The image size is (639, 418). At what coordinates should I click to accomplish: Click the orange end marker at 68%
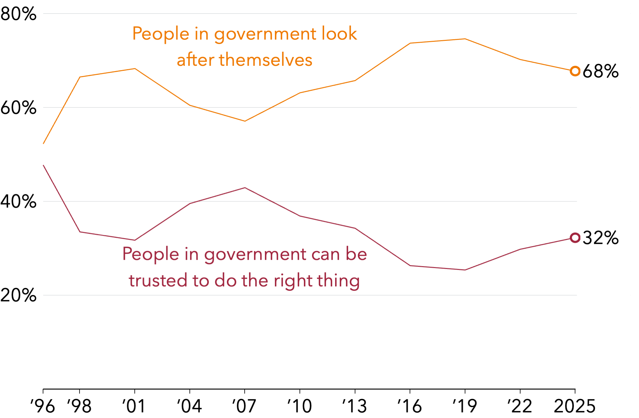575,71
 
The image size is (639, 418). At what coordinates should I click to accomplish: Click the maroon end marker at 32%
575,238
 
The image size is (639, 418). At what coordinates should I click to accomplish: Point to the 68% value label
601,71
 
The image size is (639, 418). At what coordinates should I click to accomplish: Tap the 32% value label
601,238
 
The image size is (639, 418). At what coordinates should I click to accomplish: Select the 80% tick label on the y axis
18,14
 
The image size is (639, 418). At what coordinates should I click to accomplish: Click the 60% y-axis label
18,108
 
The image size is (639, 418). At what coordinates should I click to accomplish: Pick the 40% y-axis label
18,202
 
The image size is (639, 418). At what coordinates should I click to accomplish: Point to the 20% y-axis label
18,295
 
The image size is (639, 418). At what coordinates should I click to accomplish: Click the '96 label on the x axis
43,406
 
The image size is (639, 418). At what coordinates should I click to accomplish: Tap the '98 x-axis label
79,406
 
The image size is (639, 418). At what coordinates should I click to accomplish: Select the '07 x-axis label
244,406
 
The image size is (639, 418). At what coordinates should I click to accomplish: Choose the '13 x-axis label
355,406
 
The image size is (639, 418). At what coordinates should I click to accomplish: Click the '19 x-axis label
465,406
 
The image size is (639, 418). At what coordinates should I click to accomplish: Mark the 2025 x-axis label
574,406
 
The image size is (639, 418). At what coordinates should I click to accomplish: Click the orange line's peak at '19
465,39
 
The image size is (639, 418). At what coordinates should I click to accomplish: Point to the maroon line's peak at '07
245,188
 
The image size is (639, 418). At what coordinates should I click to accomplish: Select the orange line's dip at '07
245,121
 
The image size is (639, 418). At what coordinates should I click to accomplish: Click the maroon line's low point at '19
465,270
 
